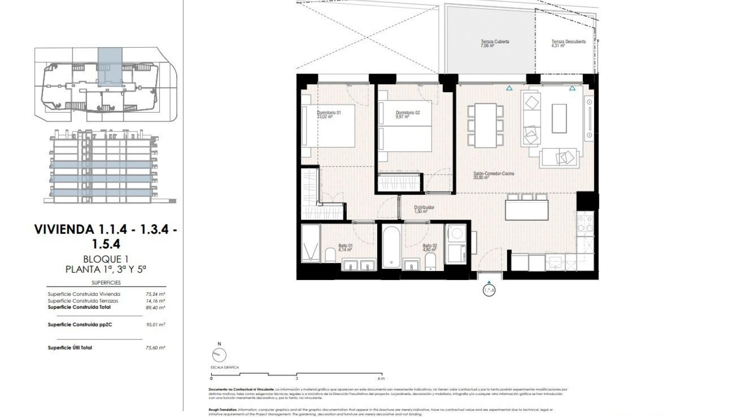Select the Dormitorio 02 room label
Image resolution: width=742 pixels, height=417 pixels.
[x=408, y=113]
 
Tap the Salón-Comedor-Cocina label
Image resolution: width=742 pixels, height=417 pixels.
[x=494, y=174]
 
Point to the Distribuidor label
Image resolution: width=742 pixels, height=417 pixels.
[x=424, y=208]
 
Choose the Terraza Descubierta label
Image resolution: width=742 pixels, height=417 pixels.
[x=568, y=42]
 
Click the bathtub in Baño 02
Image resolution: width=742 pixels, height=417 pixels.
[x=392, y=247]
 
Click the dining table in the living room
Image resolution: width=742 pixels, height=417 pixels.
[x=485, y=125]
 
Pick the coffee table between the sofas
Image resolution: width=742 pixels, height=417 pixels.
[x=559, y=118]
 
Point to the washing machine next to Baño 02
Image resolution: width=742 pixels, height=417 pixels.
[x=457, y=234]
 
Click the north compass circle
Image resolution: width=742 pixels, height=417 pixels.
[x=219, y=355]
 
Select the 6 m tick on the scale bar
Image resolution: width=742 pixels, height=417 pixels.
[x=381, y=375]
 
